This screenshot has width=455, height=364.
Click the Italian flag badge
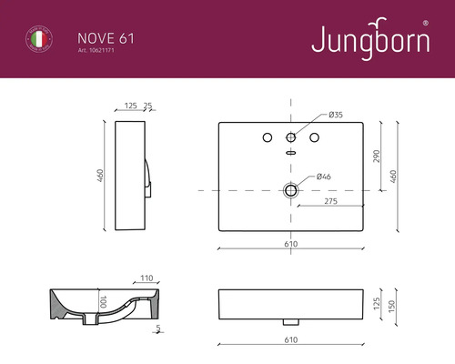tap(36, 41)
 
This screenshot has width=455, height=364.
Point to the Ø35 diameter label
tap(336, 115)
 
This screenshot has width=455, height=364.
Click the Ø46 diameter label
tap(322, 176)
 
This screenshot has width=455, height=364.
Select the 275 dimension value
tap(331, 201)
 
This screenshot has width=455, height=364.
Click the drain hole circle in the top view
tap(291, 190)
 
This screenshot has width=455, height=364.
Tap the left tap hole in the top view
tap(268, 136)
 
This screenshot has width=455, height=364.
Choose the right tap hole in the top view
tap(315, 136)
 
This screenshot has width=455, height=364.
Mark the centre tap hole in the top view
tap(291, 136)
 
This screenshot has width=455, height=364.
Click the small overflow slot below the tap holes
tap(291, 153)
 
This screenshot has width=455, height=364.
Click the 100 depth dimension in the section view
tap(103, 301)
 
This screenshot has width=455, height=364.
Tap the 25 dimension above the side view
tap(147, 106)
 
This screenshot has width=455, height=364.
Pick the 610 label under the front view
tap(291, 339)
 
